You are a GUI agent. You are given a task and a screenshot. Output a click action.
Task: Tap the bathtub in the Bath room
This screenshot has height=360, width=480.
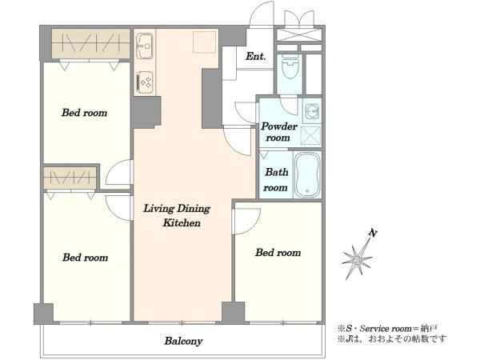(x=307, y=175)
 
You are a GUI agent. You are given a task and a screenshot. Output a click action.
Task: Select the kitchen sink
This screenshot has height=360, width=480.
(x=145, y=46)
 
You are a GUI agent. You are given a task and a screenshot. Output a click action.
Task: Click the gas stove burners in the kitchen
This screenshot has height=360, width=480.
(x=145, y=82)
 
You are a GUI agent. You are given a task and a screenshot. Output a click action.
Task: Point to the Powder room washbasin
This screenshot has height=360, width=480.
(x=312, y=111)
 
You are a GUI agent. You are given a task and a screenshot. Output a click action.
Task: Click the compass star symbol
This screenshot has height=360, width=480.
(x=357, y=259)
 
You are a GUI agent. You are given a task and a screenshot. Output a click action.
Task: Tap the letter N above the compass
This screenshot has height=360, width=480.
(x=373, y=234)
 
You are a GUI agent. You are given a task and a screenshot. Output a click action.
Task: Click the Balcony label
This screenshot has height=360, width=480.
(x=183, y=341)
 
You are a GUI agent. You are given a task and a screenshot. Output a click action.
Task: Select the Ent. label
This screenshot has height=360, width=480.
(x=256, y=56)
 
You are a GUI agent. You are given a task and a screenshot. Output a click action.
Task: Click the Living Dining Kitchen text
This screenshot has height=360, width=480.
(x=178, y=215)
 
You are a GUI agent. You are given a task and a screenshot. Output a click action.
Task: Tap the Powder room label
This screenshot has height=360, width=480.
(x=278, y=132)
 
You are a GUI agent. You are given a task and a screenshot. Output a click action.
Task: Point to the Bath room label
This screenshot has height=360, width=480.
(x=276, y=180)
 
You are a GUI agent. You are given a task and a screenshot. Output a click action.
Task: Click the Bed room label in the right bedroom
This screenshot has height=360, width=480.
(x=278, y=253)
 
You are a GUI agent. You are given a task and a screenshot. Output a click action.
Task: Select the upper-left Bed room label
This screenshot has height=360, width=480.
(x=84, y=113)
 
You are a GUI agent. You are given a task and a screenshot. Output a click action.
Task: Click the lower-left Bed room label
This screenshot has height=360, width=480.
(x=85, y=257)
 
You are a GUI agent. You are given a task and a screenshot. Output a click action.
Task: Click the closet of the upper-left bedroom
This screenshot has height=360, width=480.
(x=91, y=43)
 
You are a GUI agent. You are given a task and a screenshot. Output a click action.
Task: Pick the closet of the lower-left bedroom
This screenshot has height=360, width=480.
(x=70, y=178)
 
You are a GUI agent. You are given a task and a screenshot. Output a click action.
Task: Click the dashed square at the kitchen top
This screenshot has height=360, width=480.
(x=204, y=42)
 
